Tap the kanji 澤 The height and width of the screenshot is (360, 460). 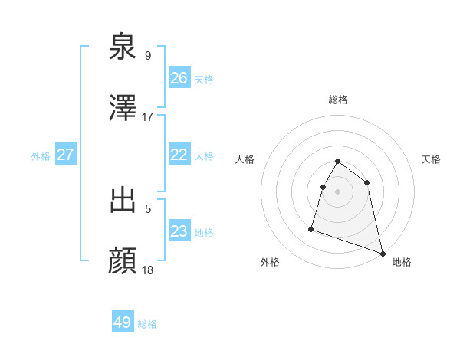point(124,109)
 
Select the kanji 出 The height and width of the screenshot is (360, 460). point(124,199)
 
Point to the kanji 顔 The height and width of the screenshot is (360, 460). point(124,261)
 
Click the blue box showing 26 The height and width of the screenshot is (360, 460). point(179,78)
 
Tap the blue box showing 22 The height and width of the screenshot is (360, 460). point(179,155)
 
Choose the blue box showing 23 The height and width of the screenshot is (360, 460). point(179,231)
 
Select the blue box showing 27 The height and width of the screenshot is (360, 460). point(65,155)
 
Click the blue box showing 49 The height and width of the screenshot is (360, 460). point(123,322)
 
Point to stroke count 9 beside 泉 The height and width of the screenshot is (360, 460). point(148,55)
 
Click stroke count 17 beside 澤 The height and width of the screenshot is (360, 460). point(148,117)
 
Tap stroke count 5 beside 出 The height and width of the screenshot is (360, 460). point(148,207)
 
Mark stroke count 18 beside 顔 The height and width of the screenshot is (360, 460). point(148,270)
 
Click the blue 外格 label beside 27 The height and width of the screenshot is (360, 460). point(41,155)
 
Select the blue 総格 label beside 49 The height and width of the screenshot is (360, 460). point(147,324)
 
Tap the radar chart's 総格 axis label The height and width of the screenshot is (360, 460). point(338,100)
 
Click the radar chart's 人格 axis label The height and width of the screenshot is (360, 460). point(245,159)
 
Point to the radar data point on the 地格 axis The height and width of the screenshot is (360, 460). point(382,253)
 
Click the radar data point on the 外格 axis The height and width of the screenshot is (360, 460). point(311,228)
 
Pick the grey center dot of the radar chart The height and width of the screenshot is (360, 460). point(338,191)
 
